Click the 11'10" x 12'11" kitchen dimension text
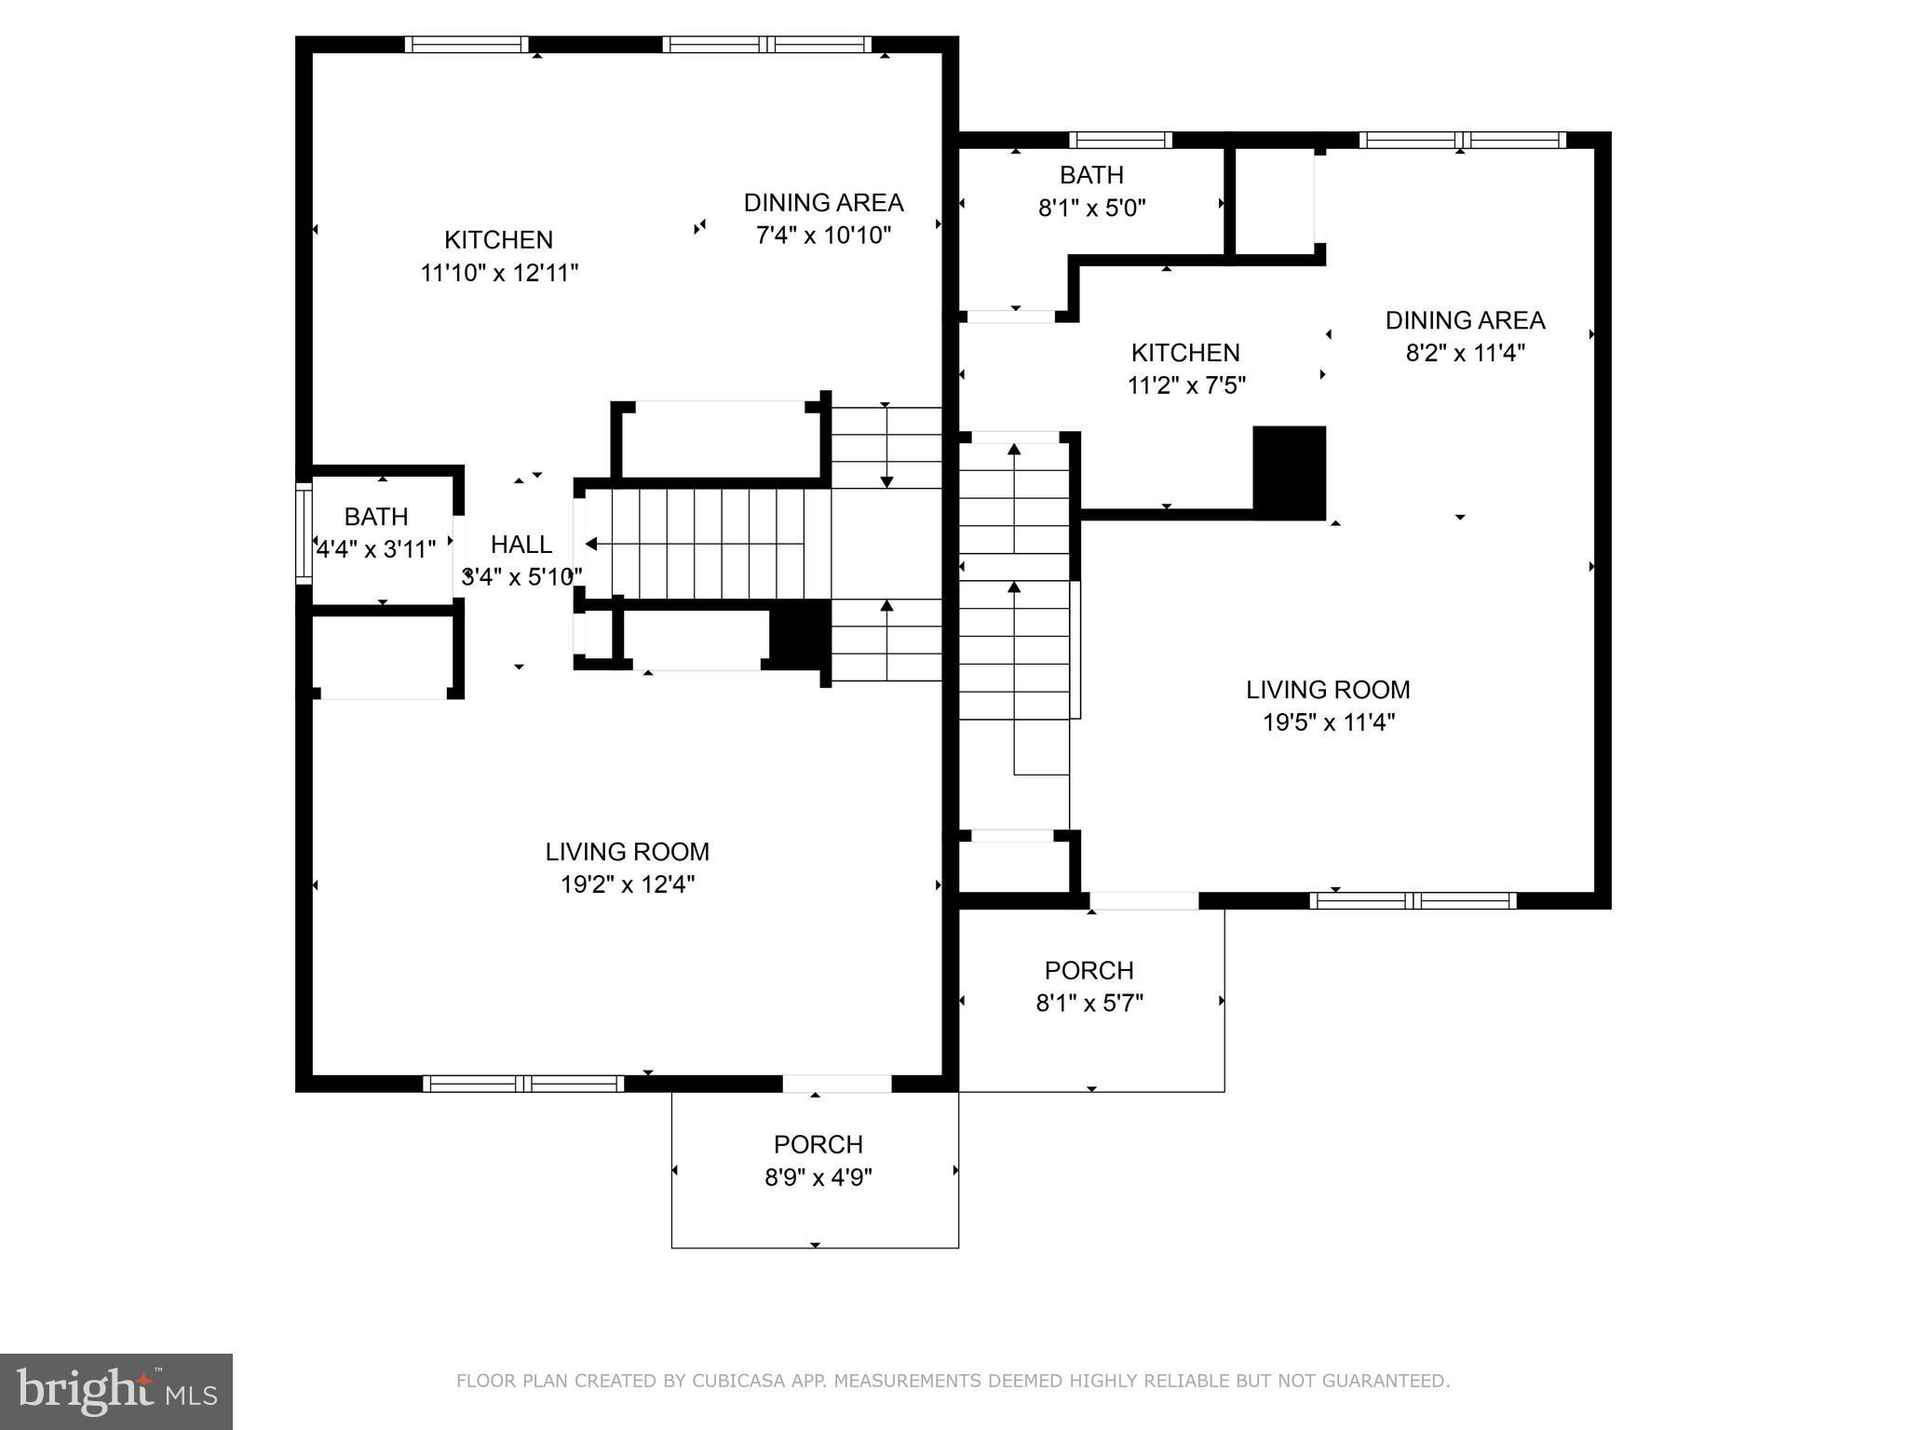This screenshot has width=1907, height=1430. (x=499, y=273)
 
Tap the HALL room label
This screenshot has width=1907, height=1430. (x=521, y=544)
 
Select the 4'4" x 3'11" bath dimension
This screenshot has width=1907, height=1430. (x=376, y=549)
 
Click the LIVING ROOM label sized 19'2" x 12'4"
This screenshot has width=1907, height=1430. (x=627, y=852)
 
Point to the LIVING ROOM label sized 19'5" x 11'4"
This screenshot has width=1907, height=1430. (x=1328, y=690)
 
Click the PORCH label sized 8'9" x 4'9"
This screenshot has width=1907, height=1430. (x=818, y=1144)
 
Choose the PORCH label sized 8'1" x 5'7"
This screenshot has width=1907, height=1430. (x=1089, y=970)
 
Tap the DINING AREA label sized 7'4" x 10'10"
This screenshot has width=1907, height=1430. (x=823, y=202)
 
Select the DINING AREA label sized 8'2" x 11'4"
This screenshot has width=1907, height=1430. (x=1465, y=320)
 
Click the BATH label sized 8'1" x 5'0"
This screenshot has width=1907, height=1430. (x=1091, y=175)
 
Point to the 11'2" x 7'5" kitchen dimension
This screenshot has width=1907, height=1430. (x=1185, y=385)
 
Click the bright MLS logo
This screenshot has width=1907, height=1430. (x=115, y=1392)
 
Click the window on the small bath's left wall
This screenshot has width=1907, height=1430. (x=303, y=533)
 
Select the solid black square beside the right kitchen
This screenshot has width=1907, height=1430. (x=1289, y=472)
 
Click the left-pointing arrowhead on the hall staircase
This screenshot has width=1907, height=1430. (x=591, y=544)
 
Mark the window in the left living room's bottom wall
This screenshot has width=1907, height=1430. (x=523, y=1084)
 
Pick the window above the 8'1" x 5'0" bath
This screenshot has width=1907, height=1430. (x=1120, y=141)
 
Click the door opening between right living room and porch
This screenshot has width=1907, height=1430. (x=1143, y=900)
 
